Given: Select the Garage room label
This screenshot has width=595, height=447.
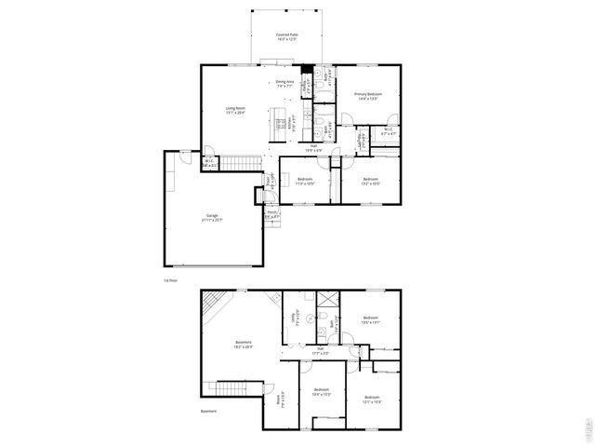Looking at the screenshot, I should click(x=214, y=218).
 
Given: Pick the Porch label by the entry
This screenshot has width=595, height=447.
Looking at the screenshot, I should click(x=272, y=213).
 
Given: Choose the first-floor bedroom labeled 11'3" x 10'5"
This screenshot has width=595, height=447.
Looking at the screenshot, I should click(x=305, y=181).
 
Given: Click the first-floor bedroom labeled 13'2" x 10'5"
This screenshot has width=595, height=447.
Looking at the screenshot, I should click(x=370, y=181).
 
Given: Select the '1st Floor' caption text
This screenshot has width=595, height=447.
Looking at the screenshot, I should click(x=169, y=279).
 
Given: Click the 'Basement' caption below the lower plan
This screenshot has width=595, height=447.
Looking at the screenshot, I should click(x=208, y=411).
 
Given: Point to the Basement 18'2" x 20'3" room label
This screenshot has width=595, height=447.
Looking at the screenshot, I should click(x=243, y=344).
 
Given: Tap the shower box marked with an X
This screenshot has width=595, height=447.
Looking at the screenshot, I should click(x=327, y=301).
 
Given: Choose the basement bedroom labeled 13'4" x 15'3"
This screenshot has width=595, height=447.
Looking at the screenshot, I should click(x=322, y=391).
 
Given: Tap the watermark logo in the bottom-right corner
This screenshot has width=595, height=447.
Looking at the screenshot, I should click(x=587, y=429).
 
